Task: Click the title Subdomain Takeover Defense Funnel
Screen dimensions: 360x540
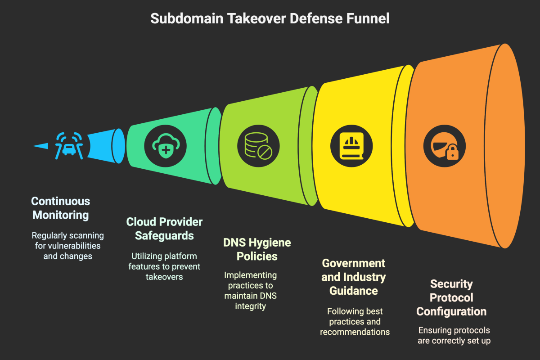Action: [270, 18]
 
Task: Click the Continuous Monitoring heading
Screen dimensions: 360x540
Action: [61, 208]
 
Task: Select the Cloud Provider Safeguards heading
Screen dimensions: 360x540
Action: [164, 229]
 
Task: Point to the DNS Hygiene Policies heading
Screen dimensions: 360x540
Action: [257, 249]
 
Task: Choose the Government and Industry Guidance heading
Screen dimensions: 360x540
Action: [353, 277]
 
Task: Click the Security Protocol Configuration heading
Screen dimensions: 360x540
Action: [451, 297]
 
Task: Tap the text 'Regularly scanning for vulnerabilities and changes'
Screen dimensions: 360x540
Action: [67, 246]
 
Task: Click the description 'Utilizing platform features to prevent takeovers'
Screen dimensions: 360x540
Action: [164, 266]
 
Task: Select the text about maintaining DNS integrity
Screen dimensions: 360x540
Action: [251, 290]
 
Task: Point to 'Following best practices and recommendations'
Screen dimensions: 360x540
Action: [355, 322]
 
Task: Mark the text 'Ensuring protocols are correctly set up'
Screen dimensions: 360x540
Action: [454, 335]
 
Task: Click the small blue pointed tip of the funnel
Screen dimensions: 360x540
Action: [40, 146]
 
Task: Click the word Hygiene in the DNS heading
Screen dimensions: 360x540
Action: [267, 243]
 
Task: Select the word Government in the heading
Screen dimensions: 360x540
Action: [353, 263]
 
